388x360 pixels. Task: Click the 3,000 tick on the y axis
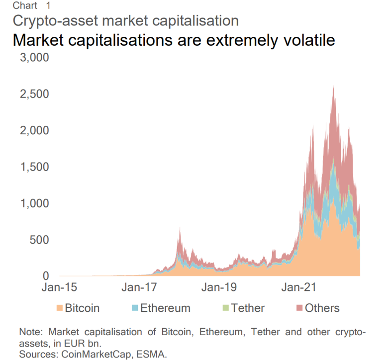(34, 58)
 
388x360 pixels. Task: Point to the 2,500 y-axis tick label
(34, 94)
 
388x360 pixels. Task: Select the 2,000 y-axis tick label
(34, 130)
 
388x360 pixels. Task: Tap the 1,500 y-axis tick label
(34, 167)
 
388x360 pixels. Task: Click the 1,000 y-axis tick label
(34, 203)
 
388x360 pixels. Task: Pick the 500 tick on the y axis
(40, 240)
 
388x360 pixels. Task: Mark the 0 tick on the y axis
(46, 276)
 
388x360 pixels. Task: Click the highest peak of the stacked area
(333, 87)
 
